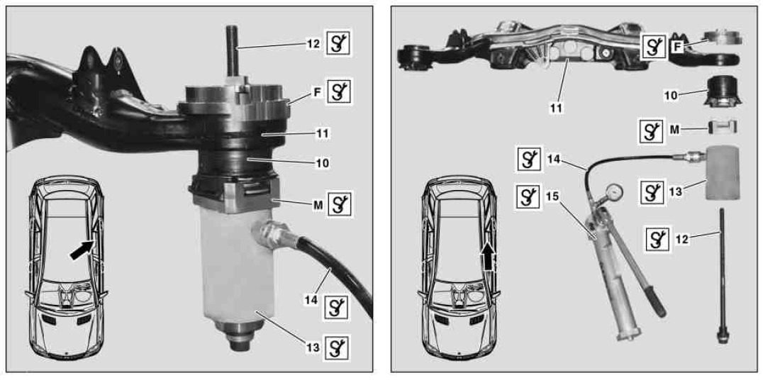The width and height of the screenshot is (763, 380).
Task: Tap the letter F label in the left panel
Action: (318, 92)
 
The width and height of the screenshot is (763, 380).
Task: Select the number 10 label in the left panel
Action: (322, 163)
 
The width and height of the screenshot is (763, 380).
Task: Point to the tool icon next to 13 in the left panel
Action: (338, 347)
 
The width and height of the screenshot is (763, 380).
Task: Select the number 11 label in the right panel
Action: (555, 108)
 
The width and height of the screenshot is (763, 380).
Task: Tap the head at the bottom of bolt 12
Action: (722, 336)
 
